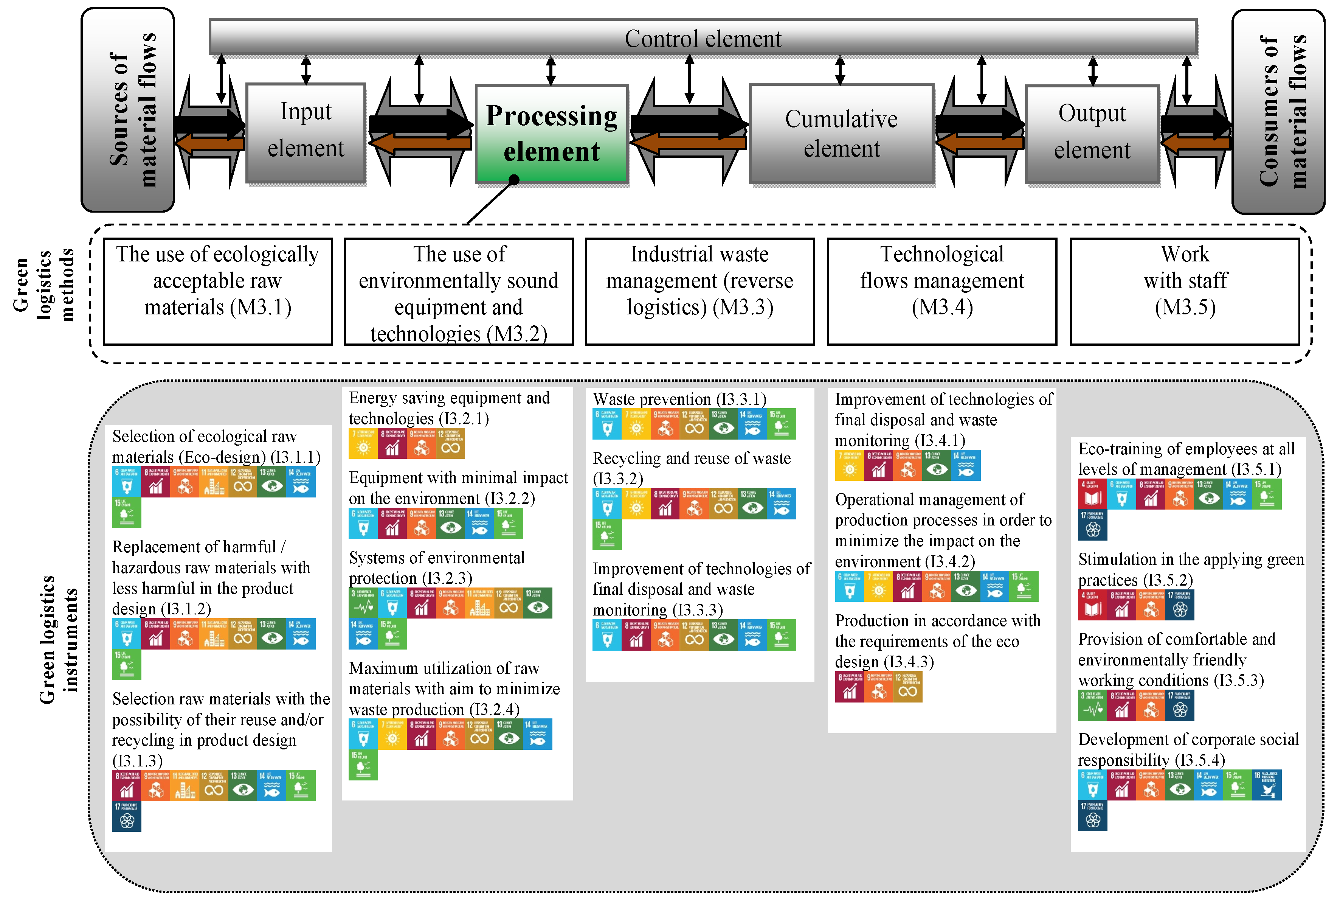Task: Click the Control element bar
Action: pyautogui.click(x=702, y=38)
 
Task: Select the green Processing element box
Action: pyautogui.click(x=551, y=134)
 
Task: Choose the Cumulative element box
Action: pyautogui.click(x=841, y=134)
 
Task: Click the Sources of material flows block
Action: pyautogui.click(x=128, y=109)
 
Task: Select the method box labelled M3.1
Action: pyautogui.click(x=217, y=291)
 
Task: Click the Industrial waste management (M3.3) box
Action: pyautogui.click(x=699, y=291)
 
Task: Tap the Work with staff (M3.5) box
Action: pyautogui.click(x=1185, y=291)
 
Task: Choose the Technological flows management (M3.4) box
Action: pyautogui.click(x=942, y=291)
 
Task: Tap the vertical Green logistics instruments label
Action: pyautogui.click(x=57, y=639)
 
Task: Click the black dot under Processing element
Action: pyautogui.click(x=514, y=180)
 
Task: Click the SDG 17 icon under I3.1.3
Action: pyautogui.click(x=127, y=816)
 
